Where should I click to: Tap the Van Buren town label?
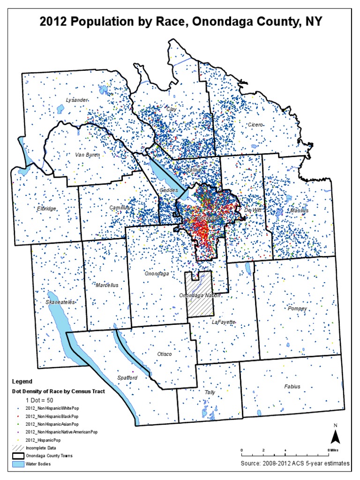click(88, 154)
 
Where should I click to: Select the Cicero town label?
click(256, 125)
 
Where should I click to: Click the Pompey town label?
click(298, 308)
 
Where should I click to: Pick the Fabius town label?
click(292, 387)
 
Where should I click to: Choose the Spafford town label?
click(127, 377)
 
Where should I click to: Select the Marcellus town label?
click(106, 285)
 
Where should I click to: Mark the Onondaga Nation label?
click(200, 296)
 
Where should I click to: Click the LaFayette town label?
click(223, 322)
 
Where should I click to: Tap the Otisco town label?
click(164, 354)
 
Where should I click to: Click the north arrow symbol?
click(335, 436)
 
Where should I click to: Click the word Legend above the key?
click(22, 382)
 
